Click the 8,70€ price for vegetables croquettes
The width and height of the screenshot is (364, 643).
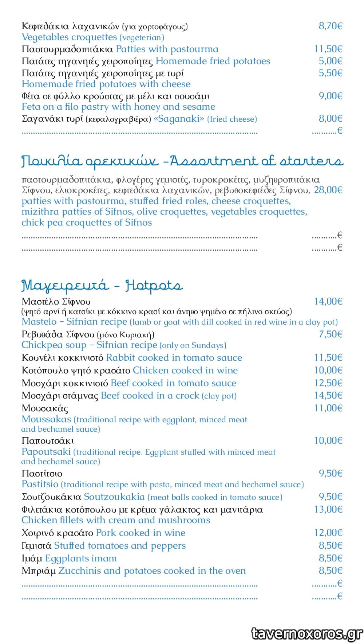(331, 26)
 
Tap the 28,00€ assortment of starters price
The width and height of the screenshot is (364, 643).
(328, 190)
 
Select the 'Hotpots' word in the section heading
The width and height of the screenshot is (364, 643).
(153, 286)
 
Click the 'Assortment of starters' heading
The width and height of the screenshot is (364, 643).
(256, 161)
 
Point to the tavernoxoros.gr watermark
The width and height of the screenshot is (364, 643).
(307, 634)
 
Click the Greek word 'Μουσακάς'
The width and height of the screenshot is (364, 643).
(45, 408)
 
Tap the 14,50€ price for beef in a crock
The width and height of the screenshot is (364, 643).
(328, 396)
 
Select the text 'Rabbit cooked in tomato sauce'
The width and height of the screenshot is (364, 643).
(174, 358)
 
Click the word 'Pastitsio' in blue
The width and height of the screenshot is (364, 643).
(40, 484)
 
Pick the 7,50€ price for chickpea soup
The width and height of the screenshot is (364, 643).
(331, 334)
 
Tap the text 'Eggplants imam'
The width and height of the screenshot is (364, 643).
(81, 558)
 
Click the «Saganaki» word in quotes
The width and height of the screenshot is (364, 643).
(179, 119)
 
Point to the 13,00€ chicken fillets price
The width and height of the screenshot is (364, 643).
(328, 509)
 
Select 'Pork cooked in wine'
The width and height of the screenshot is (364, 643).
(141, 533)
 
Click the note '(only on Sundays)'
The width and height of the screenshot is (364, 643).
(193, 345)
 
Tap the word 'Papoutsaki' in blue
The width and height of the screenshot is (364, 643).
(46, 452)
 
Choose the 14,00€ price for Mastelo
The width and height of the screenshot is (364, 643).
(328, 301)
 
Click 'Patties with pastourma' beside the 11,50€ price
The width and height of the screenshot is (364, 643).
(167, 49)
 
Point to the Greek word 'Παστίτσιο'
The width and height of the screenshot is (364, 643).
(42, 474)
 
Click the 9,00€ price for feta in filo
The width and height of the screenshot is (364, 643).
(331, 96)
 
